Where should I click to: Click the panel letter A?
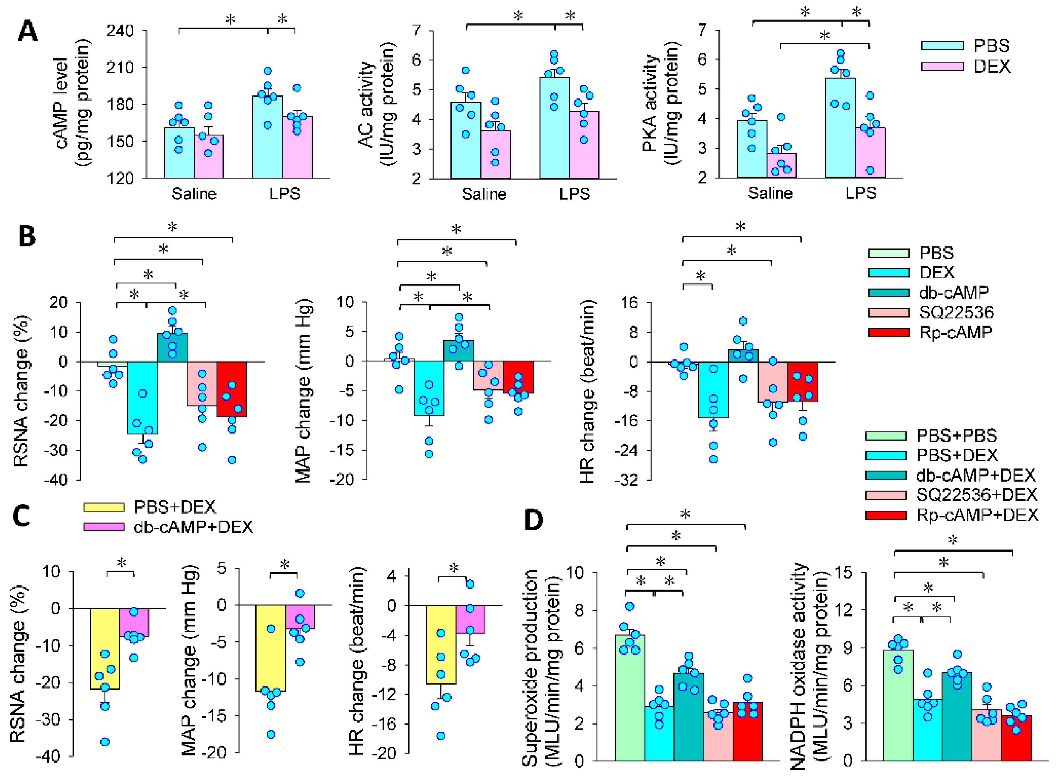pyautogui.click(x=27, y=32)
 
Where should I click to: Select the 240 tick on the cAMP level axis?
pyautogui.click(x=120, y=31)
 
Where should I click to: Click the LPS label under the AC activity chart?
pyautogui.click(x=574, y=194)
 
